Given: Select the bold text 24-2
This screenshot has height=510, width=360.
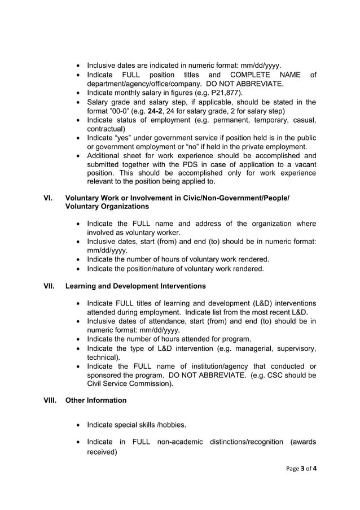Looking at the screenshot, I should pos(148,111).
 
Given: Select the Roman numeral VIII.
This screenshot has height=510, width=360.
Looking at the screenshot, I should pos(50,400).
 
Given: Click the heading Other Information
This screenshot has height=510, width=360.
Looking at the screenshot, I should pos(96,400).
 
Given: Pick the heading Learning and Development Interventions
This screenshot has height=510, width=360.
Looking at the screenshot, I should pos(135,286).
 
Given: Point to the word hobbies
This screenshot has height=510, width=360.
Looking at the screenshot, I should pos(168,424).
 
